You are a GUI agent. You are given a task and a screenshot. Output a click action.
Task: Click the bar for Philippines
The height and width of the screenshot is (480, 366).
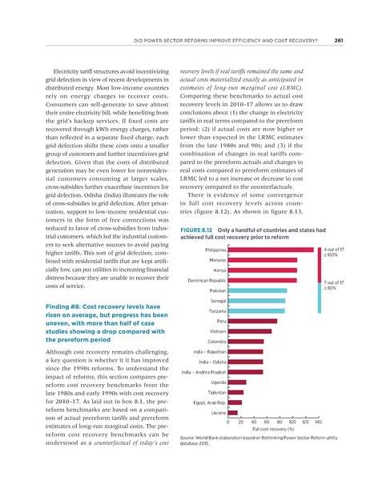(272, 250)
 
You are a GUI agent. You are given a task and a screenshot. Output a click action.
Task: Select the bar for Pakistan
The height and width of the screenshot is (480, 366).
(258, 291)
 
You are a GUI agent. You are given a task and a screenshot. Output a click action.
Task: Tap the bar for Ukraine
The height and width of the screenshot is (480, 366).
(234, 412)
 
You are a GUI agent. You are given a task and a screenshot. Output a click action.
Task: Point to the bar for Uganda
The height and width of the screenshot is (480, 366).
(238, 382)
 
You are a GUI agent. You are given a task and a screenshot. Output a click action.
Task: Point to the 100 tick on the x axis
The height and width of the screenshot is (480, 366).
(292, 421)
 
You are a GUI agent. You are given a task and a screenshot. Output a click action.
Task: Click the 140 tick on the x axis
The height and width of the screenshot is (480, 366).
(318, 421)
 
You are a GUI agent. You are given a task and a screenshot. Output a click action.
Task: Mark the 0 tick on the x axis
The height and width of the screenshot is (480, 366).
(229, 421)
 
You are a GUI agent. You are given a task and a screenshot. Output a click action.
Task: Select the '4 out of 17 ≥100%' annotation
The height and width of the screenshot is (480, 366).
(334, 253)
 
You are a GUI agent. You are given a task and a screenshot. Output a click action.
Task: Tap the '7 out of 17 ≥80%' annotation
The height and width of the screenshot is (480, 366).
(334, 286)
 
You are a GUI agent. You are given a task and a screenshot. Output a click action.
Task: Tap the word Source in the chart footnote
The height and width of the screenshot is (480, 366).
(191, 440)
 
